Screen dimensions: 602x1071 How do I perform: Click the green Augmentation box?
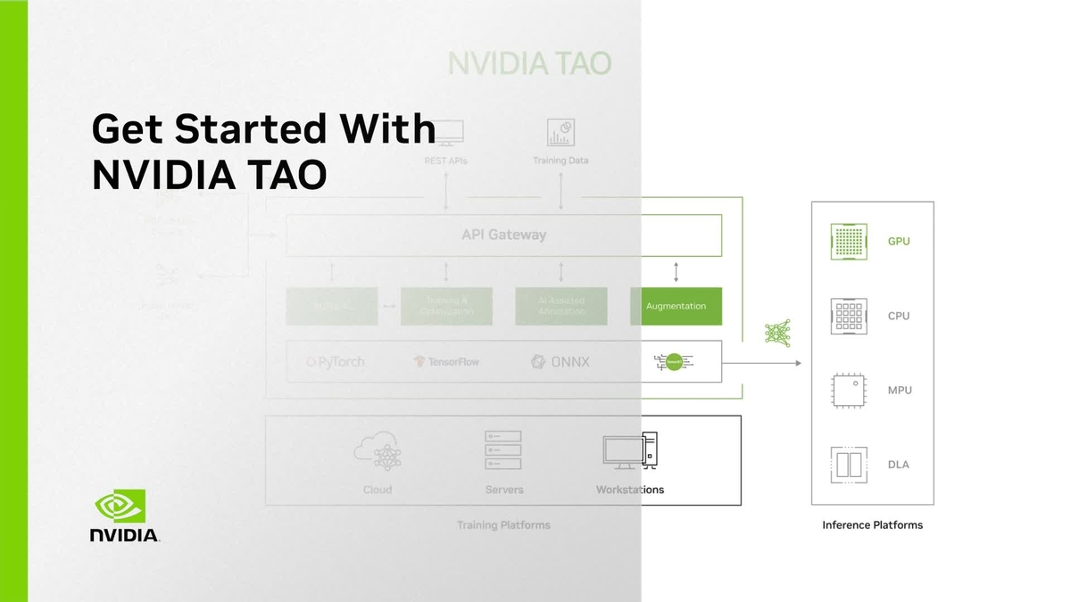(x=676, y=306)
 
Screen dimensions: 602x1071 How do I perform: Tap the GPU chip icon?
(x=849, y=241)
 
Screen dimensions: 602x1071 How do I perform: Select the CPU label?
(x=899, y=316)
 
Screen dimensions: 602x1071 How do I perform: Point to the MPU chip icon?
(x=849, y=391)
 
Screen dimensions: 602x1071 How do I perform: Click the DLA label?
(x=899, y=465)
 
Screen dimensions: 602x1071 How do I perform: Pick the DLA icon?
(x=849, y=465)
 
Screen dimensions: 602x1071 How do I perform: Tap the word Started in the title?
(x=237, y=128)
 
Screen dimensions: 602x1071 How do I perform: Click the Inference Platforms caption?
(x=872, y=525)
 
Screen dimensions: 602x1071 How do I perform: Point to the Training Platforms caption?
(x=503, y=525)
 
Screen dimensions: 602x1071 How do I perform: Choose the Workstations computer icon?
(x=630, y=450)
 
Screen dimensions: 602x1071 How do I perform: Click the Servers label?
(x=504, y=490)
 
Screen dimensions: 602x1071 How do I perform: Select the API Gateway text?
(x=503, y=235)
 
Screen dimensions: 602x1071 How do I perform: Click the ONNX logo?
(x=560, y=362)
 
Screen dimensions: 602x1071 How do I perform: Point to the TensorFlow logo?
(x=446, y=362)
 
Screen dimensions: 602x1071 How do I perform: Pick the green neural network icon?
(x=777, y=333)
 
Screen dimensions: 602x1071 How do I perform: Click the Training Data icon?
(x=560, y=133)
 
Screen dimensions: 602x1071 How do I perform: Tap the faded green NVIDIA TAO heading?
(x=529, y=64)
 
